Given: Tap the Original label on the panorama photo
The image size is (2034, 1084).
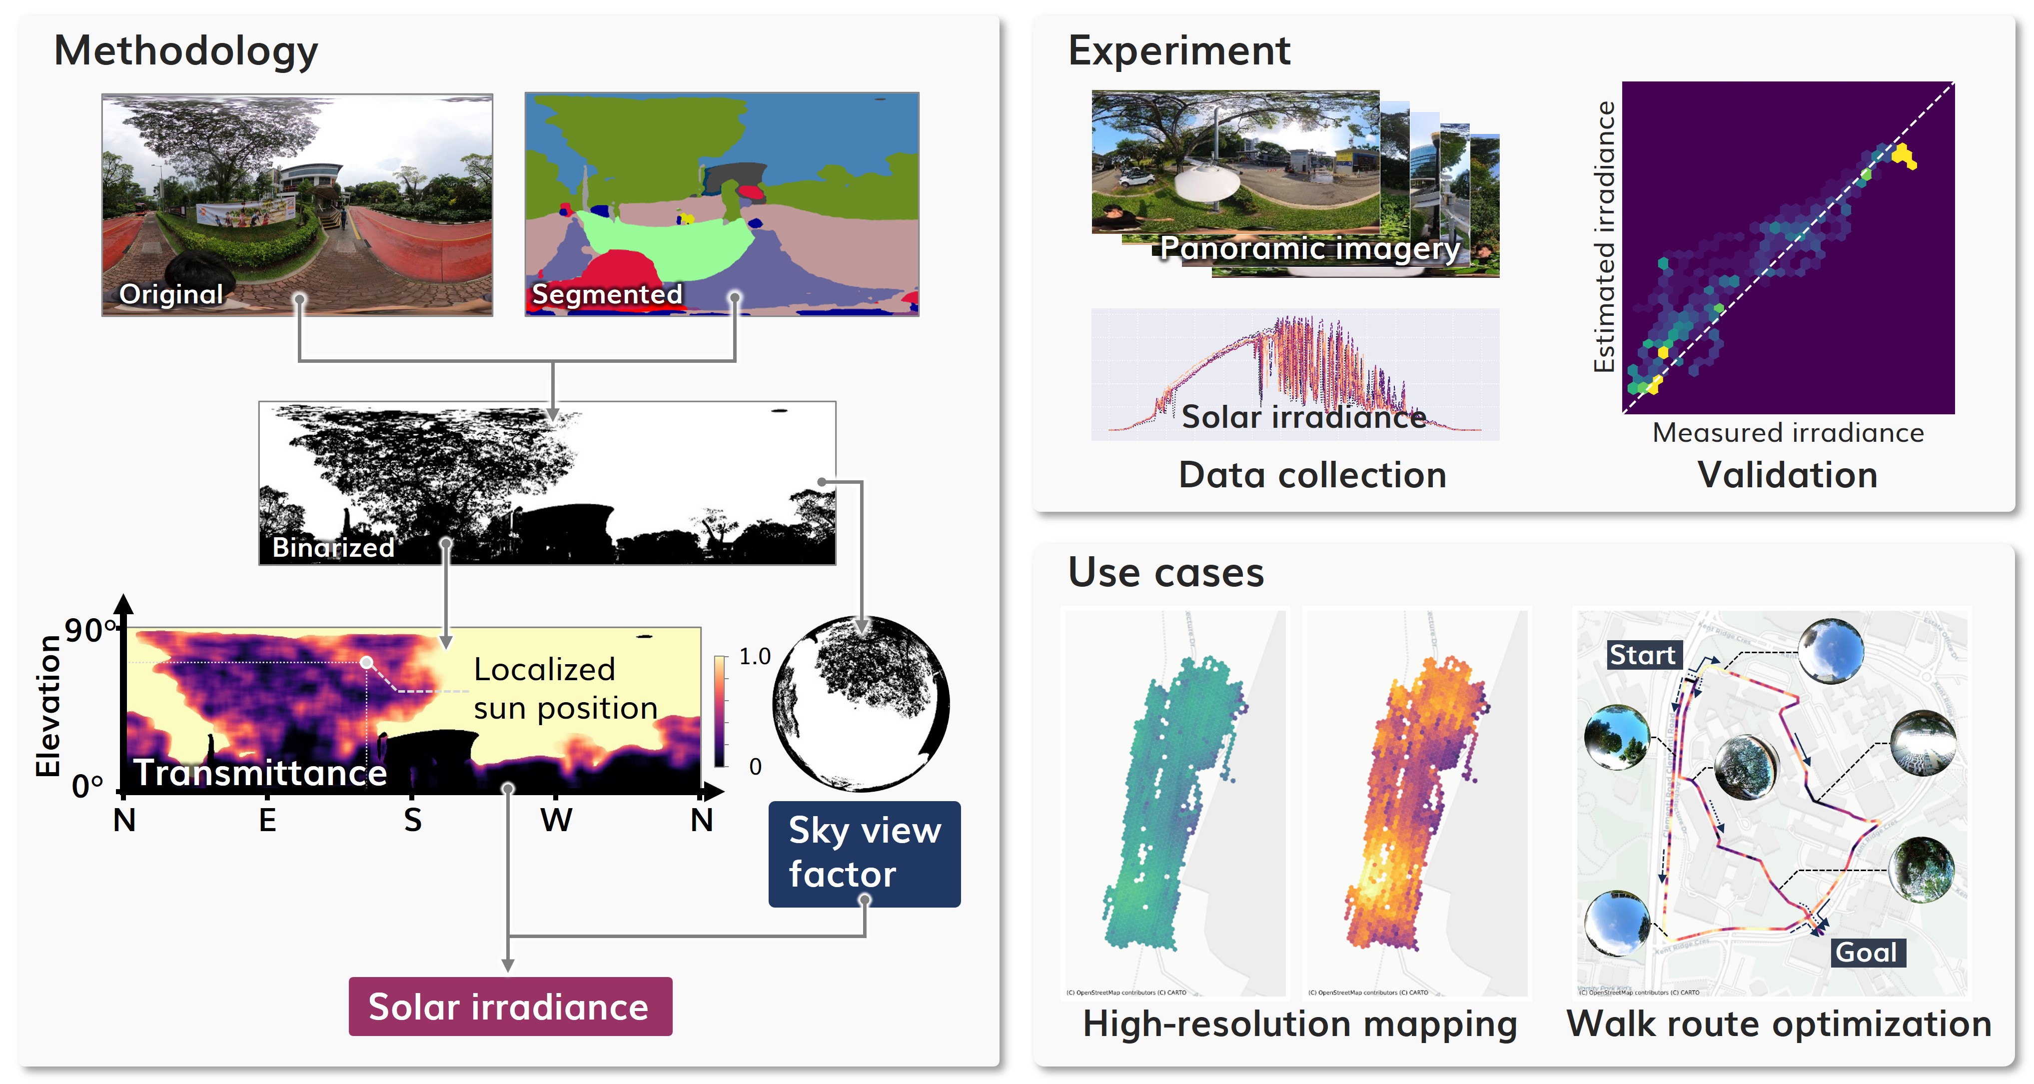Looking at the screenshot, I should (170, 294).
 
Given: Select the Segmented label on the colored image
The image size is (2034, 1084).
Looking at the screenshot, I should (606, 294).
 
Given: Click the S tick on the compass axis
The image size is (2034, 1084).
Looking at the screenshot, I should (412, 820).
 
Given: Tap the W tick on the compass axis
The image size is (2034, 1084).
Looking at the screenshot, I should (556, 820).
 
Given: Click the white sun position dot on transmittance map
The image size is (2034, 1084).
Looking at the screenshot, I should (366, 662).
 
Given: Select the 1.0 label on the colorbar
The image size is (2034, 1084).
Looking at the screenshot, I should (754, 656).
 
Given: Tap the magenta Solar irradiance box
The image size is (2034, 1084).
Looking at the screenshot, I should (510, 1007).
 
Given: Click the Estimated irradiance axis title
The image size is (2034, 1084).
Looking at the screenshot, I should (1603, 237).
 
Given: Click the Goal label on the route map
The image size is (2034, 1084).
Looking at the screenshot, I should (1866, 952).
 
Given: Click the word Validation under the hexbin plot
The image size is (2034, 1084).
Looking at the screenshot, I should (1788, 475).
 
